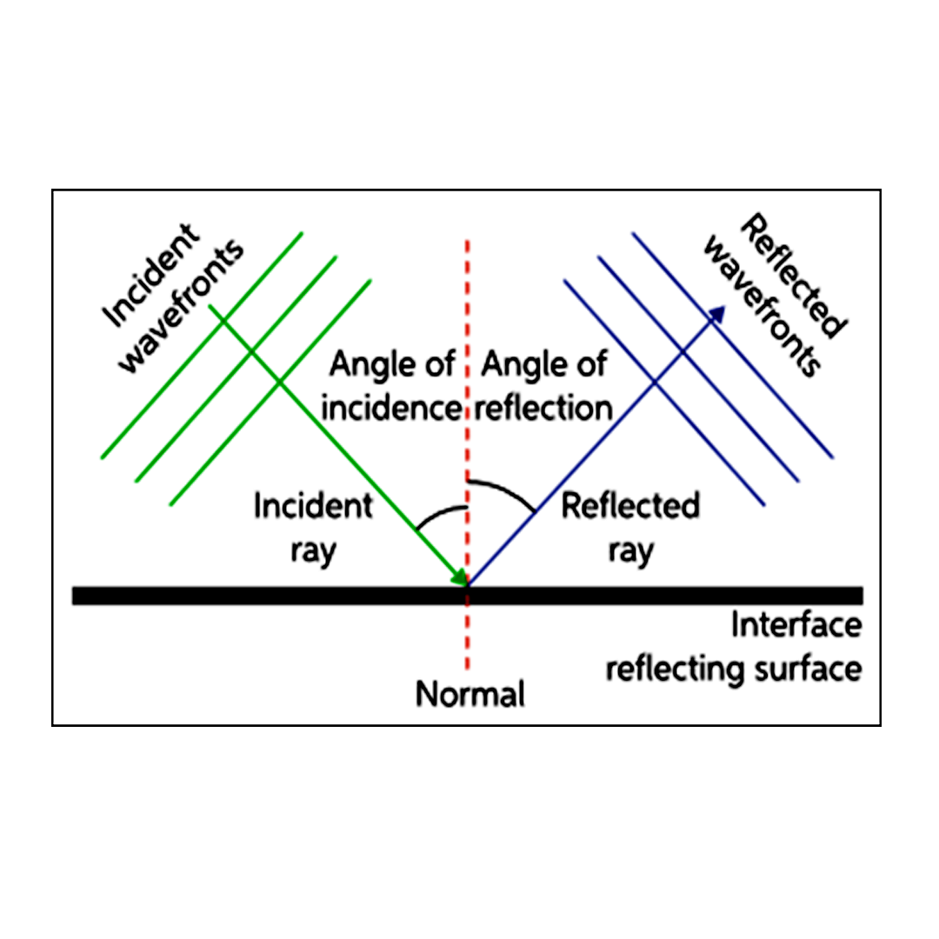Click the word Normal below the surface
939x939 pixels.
(x=469, y=695)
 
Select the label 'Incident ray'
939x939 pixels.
(x=313, y=528)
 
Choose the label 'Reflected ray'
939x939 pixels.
(x=630, y=528)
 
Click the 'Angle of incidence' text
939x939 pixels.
(x=391, y=386)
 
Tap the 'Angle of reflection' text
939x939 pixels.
(x=545, y=386)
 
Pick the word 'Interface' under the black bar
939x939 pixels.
(x=796, y=625)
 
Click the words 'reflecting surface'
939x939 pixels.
(x=734, y=669)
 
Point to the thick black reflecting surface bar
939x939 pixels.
(x=261, y=596)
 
